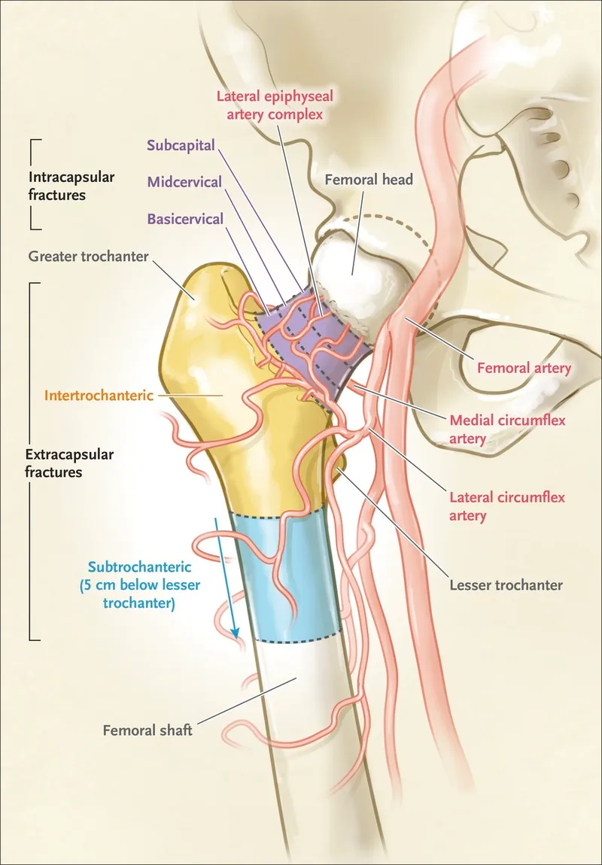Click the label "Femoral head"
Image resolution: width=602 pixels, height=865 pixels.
click(x=369, y=179)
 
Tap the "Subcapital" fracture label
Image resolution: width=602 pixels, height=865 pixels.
click(x=181, y=146)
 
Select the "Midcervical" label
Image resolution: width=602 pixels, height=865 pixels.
click(x=184, y=182)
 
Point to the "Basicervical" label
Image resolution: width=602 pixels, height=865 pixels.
click(x=185, y=219)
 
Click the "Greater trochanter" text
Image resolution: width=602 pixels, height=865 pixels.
click(x=88, y=256)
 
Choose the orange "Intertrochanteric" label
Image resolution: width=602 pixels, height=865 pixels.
click(x=99, y=396)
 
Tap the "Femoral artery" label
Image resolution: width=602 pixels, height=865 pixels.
click(x=524, y=367)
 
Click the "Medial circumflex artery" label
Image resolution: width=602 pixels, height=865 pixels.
click(x=507, y=429)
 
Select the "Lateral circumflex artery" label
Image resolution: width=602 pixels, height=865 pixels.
click(x=507, y=506)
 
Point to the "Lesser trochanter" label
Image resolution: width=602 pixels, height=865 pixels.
click(x=506, y=585)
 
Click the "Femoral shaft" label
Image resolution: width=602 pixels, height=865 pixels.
click(x=147, y=730)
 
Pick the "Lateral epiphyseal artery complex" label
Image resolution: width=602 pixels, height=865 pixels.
click(x=275, y=105)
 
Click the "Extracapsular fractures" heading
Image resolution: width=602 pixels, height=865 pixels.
click(x=69, y=463)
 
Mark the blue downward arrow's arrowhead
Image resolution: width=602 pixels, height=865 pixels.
click(x=236, y=632)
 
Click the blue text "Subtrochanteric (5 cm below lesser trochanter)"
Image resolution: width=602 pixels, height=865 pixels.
click(x=139, y=584)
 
